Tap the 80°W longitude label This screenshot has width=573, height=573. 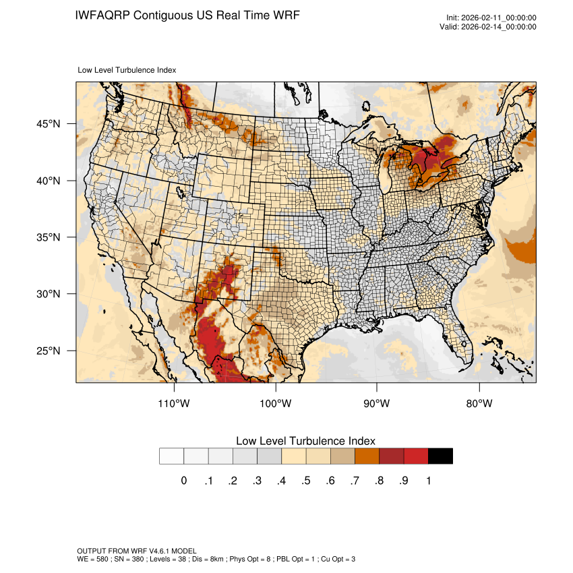click(479, 404)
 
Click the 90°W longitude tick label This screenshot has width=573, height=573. click(378, 404)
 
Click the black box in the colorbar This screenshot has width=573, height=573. click(440, 456)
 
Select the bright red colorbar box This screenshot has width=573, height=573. click(416, 456)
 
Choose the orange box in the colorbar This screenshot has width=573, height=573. click(367, 456)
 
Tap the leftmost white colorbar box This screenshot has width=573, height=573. click(172, 456)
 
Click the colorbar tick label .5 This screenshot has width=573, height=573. click(305, 481)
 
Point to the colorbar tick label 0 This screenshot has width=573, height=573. click(183, 481)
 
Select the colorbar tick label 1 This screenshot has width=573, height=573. click(428, 481)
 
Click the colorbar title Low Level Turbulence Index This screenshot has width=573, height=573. click(305, 441)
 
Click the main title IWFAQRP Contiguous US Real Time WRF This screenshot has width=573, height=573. click(188, 15)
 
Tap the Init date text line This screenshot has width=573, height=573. click(491, 18)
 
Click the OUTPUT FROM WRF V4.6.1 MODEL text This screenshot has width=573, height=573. click(137, 551)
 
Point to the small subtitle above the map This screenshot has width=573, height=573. click(127, 69)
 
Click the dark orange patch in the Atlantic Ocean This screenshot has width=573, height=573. click(522, 250)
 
